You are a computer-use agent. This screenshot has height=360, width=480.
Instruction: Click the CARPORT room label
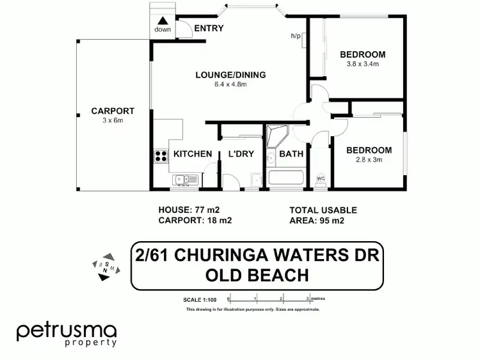(104, 111)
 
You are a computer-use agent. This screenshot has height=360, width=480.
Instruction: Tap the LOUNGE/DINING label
(230, 75)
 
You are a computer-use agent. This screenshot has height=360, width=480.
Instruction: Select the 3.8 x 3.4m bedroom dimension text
(362, 64)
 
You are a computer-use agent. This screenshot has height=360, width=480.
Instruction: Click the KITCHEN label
(193, 154)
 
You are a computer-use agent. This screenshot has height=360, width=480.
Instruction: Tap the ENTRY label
(209, 28)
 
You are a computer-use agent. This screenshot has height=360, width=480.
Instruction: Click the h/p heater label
(296, 36)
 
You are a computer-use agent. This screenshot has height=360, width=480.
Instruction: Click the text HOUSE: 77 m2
(189, 210)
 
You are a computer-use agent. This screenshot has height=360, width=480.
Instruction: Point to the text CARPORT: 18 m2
(195, 221)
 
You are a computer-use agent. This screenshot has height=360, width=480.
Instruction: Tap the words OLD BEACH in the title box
(258, 276)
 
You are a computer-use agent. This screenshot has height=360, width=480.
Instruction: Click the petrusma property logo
(67, 334)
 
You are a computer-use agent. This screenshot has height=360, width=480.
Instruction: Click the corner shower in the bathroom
(278, 135)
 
